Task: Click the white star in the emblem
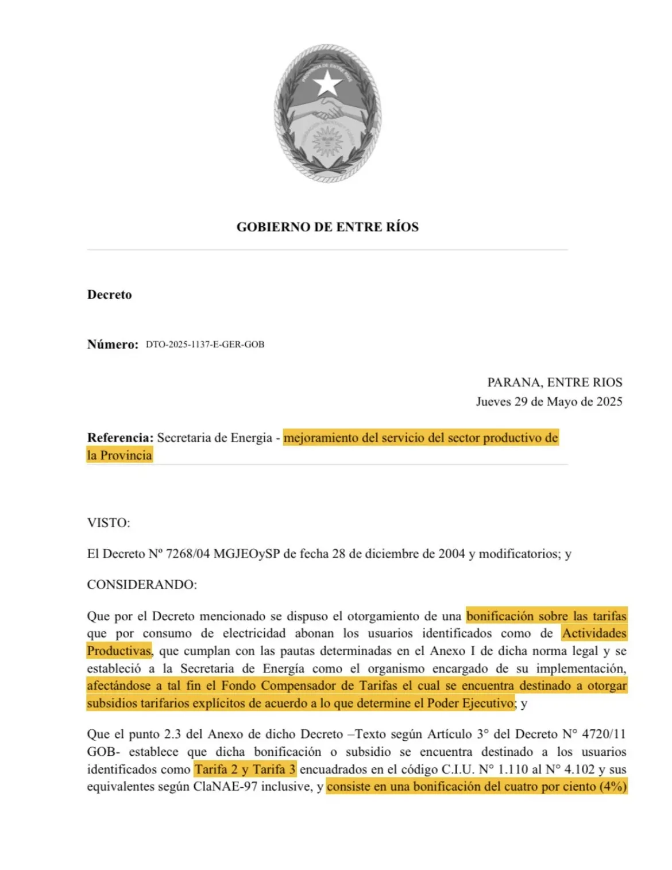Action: click(328, 83)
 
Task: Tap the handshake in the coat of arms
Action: click(327, 109)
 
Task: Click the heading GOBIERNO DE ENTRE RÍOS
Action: click(327, 227)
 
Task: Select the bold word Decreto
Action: click(109, 295)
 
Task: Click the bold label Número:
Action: click(113, 345)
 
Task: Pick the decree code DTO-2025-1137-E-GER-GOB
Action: click(205, 345)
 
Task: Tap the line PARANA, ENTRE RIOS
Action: click(554, 382)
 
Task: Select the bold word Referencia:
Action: click(120, 438)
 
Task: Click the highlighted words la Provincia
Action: click(119, 455)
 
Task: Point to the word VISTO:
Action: click(109, 523)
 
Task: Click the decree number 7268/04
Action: click(187, 554)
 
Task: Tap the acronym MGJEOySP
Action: click(246, 554)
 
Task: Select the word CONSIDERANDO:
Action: click(142, 585)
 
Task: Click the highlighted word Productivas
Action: click(119, 651)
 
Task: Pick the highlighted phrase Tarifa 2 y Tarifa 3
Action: click(245, 770)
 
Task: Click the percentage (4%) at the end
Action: click(612, 787)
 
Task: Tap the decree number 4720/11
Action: click(604, 734)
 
